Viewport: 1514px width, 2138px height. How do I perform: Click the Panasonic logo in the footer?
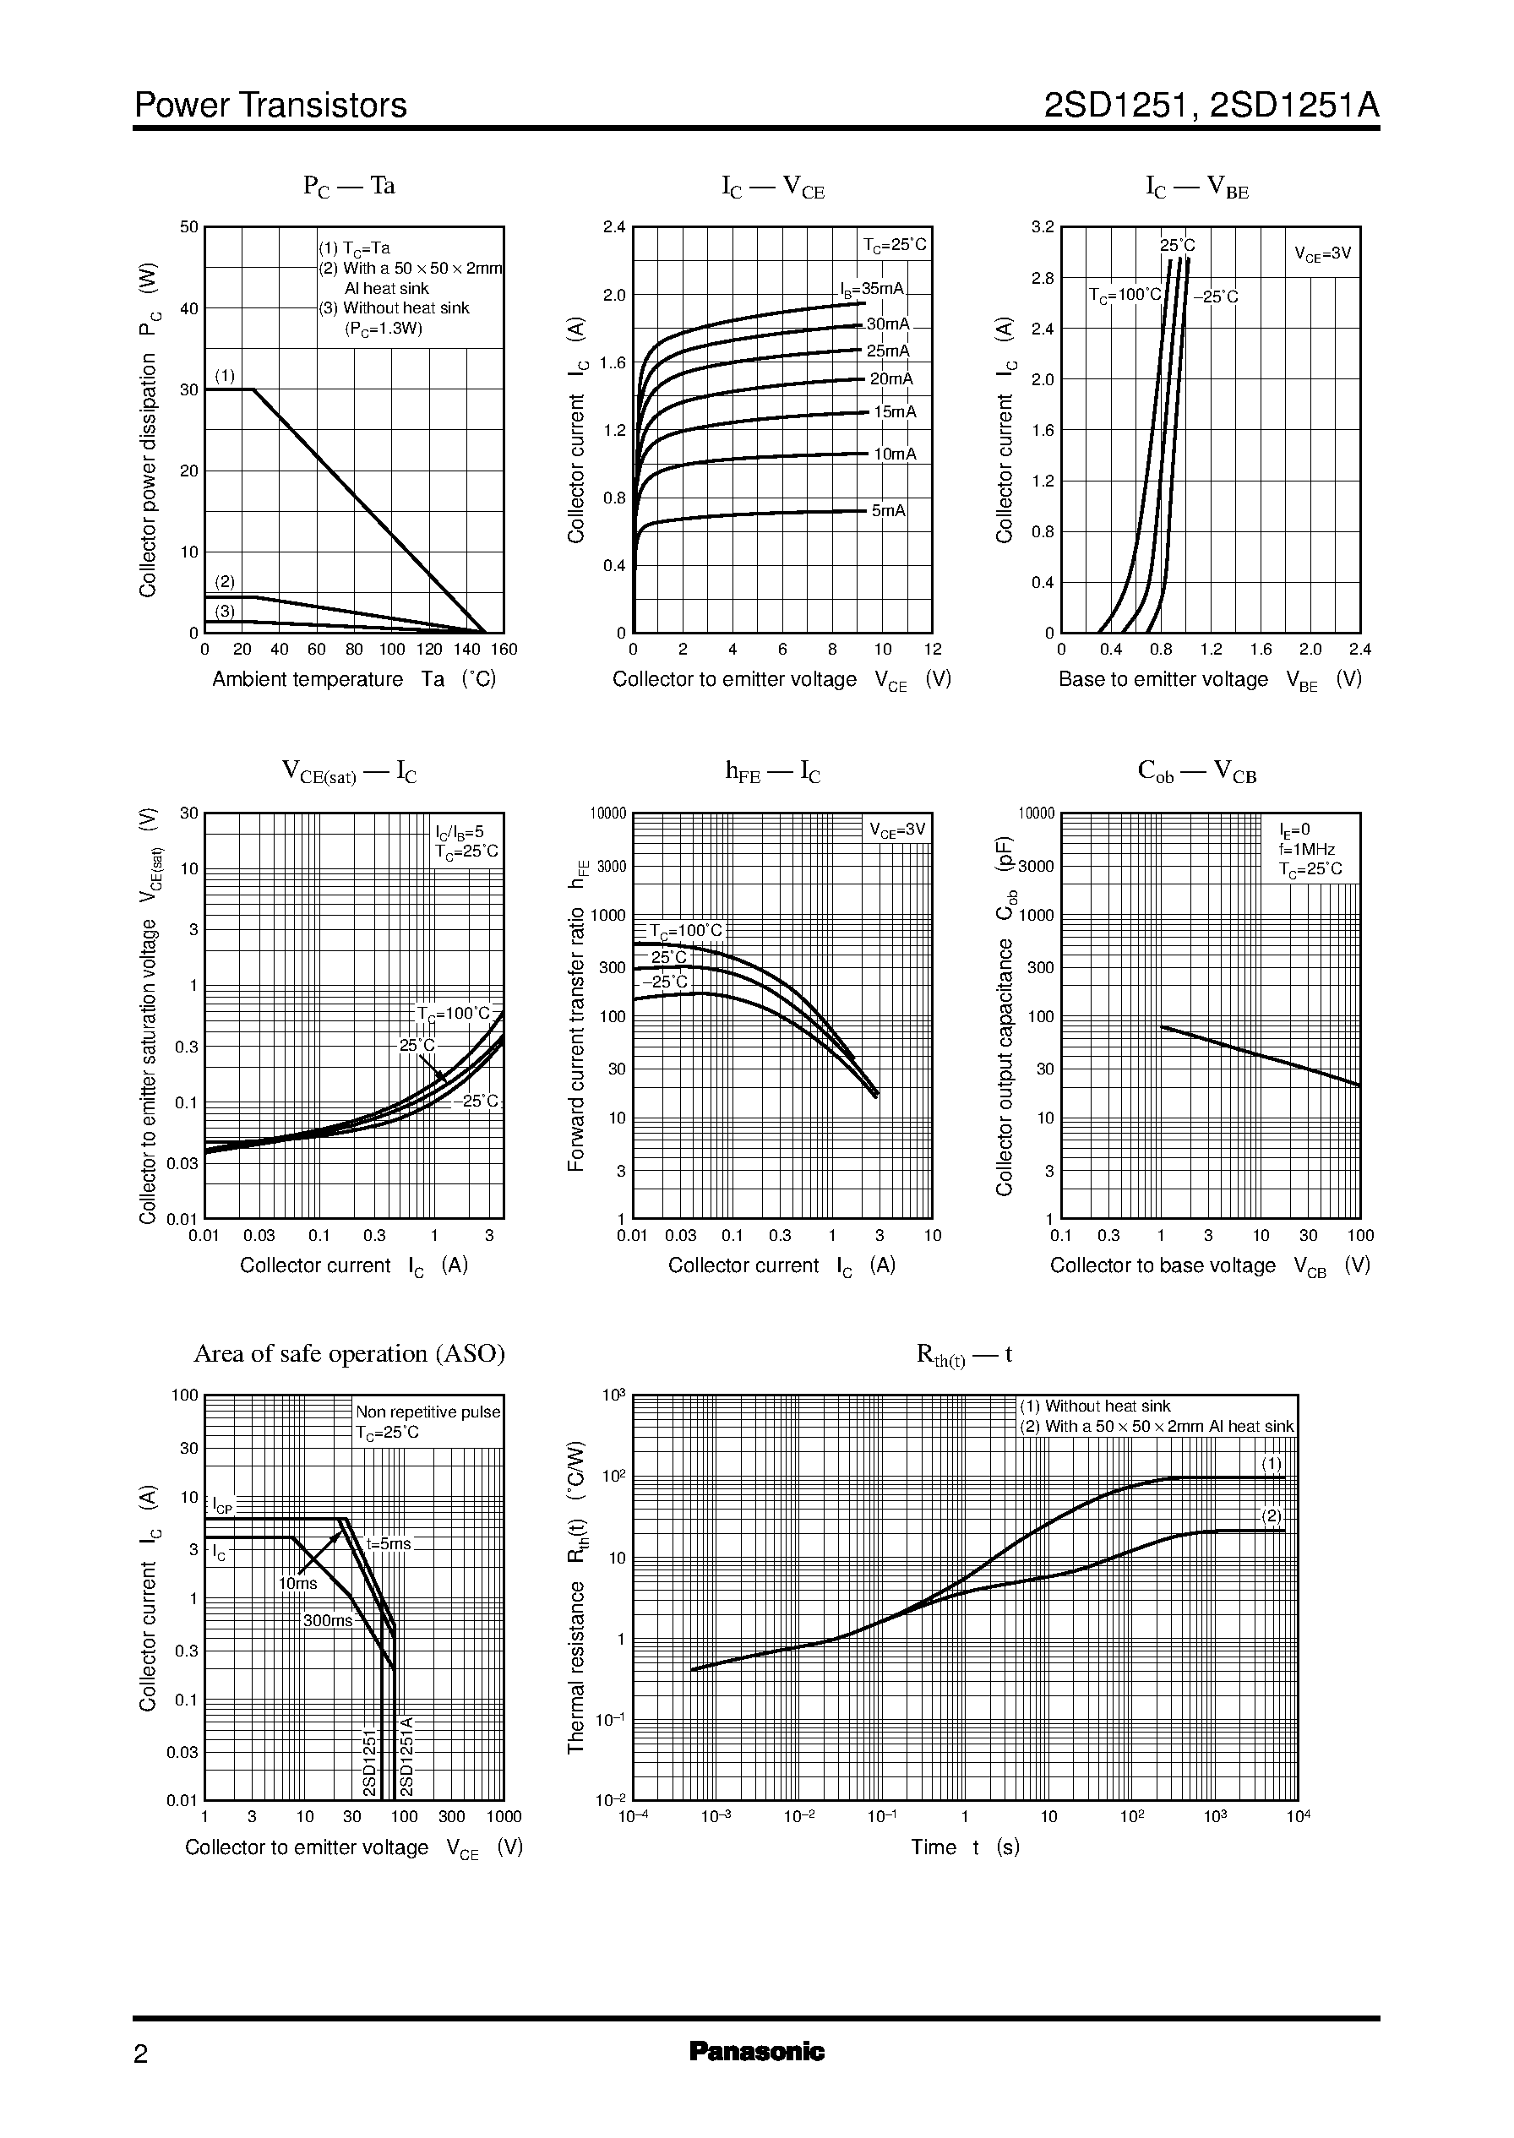[x=756, y=2051]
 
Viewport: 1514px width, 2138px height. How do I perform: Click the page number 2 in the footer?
[x=141, y=2054]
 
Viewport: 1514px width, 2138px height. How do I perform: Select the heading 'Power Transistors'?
[x=270, y=106]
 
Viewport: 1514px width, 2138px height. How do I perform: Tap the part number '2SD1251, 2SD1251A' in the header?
[x=1211, y=106]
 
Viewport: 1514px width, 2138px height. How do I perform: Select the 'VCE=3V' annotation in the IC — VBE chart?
[x=1322, y=253]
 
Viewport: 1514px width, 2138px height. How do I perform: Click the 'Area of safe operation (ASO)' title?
[x=349, y=1353]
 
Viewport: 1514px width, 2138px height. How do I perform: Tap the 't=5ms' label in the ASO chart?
[x=389, y=1543]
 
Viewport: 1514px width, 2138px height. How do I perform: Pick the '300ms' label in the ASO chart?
[x=327, y=1621]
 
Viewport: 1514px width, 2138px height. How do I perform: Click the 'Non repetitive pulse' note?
[x=428, y=1412]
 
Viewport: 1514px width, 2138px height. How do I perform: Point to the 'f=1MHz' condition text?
[x=1307, y=849]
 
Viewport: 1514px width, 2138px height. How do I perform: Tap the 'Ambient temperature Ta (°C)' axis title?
[x=353, y=678]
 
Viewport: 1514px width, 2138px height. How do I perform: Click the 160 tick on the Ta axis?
[x=504, y=650]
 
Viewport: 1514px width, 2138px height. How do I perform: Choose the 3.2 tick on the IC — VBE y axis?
[x=1043, y=226]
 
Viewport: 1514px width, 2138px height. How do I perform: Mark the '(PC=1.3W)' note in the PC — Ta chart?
[x=384, y=328]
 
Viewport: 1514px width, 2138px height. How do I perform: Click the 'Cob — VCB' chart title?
[x=1197, y=772]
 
